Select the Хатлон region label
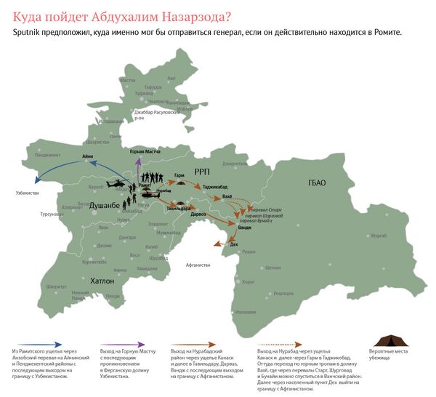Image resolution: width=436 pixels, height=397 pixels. [x=92, y=280]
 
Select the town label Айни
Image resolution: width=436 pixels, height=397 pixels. [x=88, y=156]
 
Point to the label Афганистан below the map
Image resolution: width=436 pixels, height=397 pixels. [x=198, y=265]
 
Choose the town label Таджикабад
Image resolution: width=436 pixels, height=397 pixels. [x=215, y=187]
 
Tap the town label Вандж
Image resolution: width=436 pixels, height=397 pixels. [x=245, y=228]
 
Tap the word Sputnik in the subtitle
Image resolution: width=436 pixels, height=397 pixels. [x=31, y=33]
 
